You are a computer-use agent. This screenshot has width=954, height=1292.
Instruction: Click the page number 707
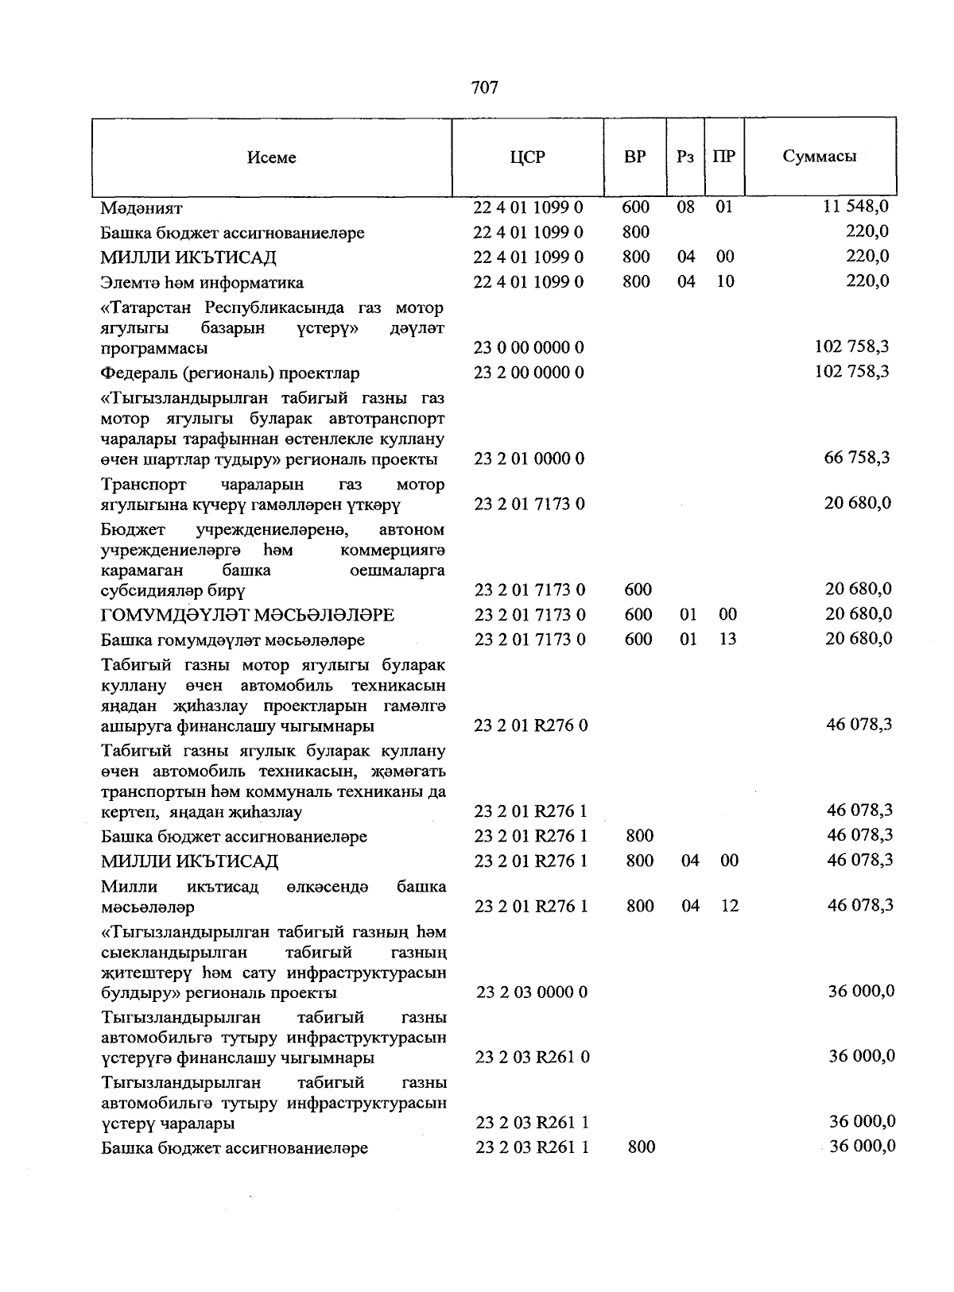pyautogui.click(x=484, y=87)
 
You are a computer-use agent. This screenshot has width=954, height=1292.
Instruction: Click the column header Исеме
pyautogui.click(x=271, y=157)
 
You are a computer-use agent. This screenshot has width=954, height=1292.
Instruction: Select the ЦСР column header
pyautogui.click(x=528, y=157)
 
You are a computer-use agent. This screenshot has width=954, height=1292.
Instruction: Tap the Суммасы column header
pyautogui.click(x=819, y=156)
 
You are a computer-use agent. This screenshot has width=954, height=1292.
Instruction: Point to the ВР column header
pyautogui.click(x=634, y=157)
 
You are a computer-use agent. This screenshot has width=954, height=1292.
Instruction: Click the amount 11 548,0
pyautogui.click(x=855, y=207)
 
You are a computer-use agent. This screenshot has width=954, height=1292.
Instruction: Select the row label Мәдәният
pyautogui.click(x=142, y=208)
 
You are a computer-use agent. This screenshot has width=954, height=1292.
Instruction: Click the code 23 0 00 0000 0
pyautogui.click(x=529, y=347)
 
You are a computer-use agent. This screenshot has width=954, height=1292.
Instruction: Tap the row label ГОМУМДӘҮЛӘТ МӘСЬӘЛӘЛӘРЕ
pyautogui.click(x=247, y=615)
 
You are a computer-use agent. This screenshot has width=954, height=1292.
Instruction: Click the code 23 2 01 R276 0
pyautogui.click(x=531, y=725)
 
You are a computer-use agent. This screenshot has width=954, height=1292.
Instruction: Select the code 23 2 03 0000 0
pyautogui.click(x=532, y=992)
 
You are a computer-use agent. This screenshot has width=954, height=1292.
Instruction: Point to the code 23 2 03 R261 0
pyautogui.click(x=532, y=1057)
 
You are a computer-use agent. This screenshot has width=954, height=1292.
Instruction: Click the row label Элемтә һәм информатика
pyautogui.click(x=202, y=283)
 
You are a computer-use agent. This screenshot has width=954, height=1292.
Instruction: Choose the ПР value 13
pyautogui.click(x=727, y=639)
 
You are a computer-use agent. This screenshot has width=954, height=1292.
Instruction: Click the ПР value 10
pyautogui.click(x=724, y=281)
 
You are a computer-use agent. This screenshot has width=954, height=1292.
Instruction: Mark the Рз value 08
pyautogui.click(x=685, y=207)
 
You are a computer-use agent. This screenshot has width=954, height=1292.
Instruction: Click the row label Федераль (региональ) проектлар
pyautogui.click(x=230, y=373)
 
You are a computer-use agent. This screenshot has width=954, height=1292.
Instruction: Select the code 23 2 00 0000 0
pyautogui.click(x=529, y=372)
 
